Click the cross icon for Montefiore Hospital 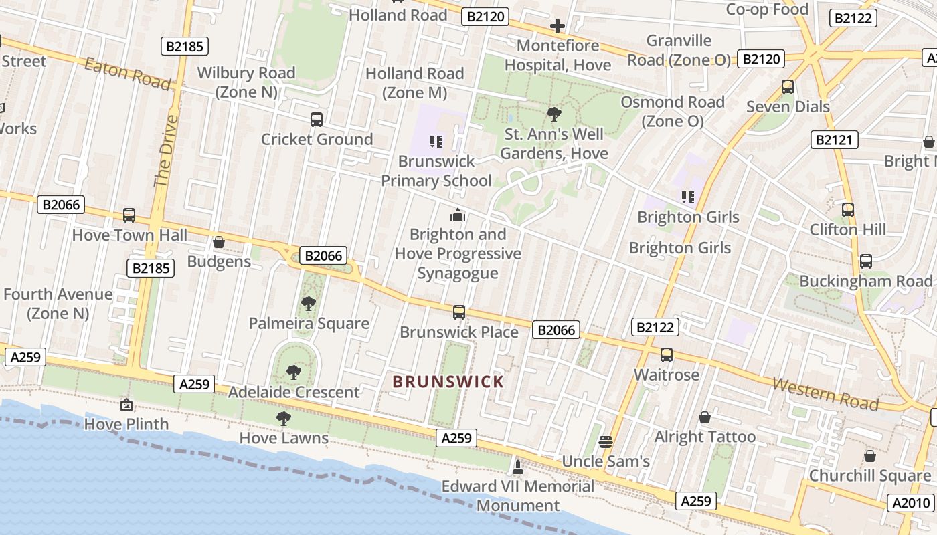pos(557,26)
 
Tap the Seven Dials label pos(788,106)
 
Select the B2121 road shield pos(834,140)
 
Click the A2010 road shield pos(912,503)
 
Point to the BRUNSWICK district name pos(448,382)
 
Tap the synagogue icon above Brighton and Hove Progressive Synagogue pos(458,215)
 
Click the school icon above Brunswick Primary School pos(436,141)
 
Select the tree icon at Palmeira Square pos(308,304)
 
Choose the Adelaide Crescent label pos(294,392)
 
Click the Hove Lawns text pos(284,438)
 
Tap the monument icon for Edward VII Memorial pos(517,466)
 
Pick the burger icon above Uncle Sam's pos(606,441)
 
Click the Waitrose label pos(667,374)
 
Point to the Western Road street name pos(825,393)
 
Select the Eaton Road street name pos(127,72)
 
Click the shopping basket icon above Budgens pos(218,242)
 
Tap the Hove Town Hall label pos(130,235)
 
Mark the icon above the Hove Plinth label pos(126,405)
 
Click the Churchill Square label pos(869,475)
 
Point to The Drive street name pos(166,150)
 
